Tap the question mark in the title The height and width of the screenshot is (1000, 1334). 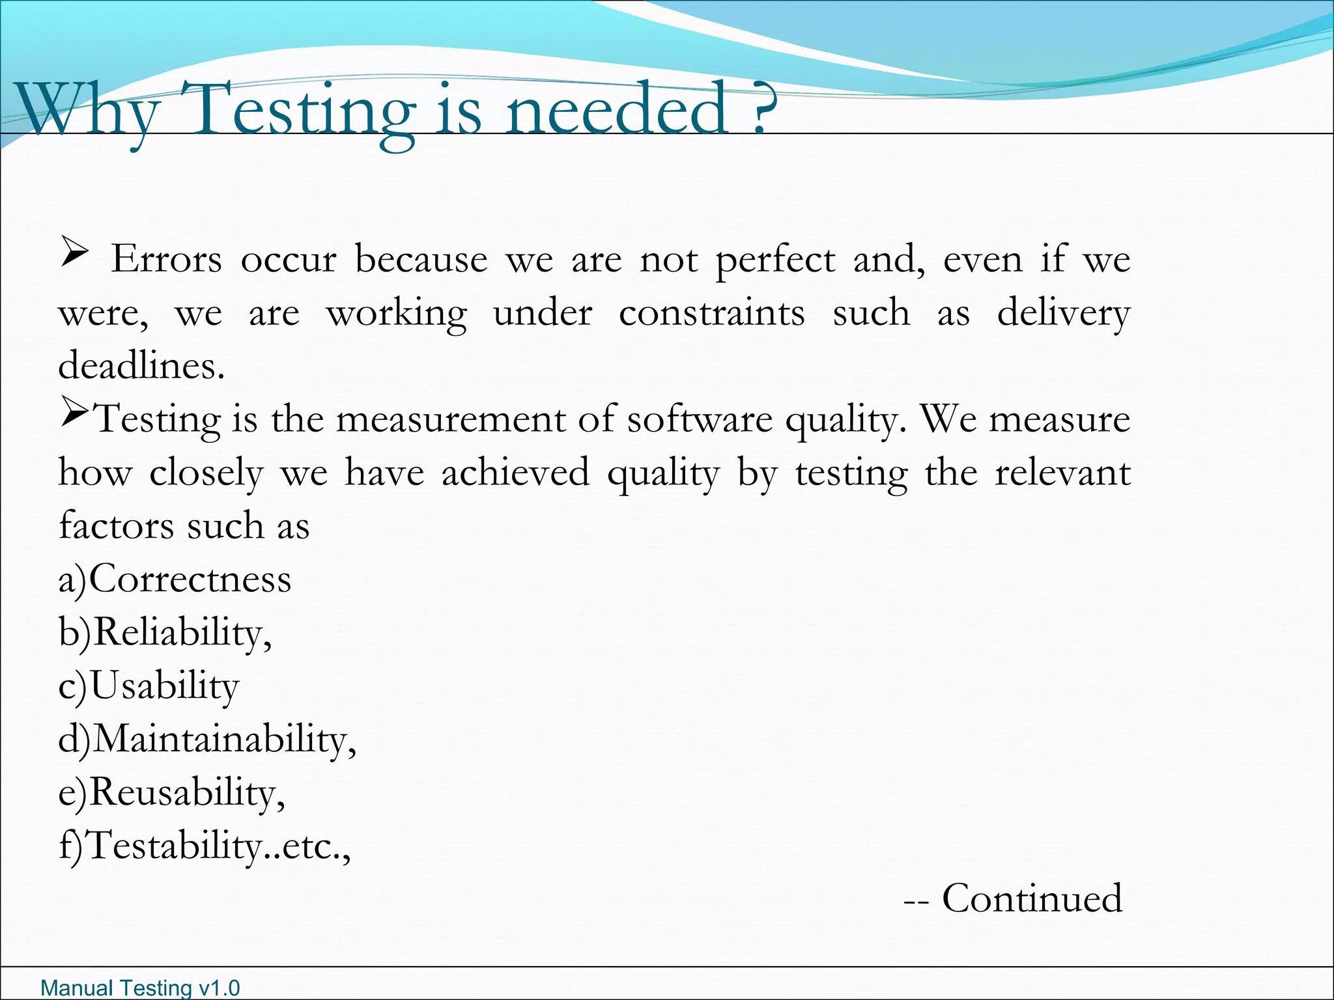click(759, 107)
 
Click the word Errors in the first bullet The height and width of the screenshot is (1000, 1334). click(167, 260)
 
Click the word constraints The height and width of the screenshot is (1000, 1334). click(711, 313)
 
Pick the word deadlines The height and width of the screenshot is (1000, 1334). click(141, 366)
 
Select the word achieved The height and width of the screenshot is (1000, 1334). click(515, 473)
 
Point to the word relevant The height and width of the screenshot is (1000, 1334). click(1062, 473)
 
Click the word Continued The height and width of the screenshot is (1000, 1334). click(1032, 899)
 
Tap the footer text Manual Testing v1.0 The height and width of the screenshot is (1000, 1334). click(140, 988)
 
